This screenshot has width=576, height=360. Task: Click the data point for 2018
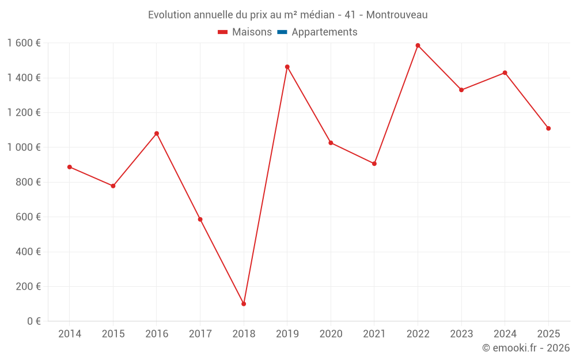click(244, 304)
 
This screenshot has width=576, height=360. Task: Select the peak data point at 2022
click(418, 46)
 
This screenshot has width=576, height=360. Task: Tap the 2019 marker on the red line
click(287, 67)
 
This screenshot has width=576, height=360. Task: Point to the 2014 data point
click(70, 167)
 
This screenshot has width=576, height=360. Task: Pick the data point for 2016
click(157, 134)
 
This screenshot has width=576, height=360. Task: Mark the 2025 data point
click(548, 128)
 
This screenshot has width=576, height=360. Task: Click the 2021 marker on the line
click(374, 164)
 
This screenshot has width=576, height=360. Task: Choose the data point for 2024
click(505, 73)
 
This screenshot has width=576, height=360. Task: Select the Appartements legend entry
click(324, 32)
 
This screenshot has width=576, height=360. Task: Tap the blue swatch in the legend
click(282, 32)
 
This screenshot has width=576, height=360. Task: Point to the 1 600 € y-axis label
click(24, 43)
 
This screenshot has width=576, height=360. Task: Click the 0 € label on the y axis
click(32, 321)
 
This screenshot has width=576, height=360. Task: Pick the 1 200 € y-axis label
click(24, 112)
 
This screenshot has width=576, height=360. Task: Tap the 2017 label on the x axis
click(200, 334)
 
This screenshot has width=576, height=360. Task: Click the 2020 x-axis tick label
click(331, 334)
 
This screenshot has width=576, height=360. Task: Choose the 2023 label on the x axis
click(461, 334)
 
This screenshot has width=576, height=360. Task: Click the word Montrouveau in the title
click(397, 15)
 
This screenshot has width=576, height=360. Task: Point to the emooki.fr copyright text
click(525, 348)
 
